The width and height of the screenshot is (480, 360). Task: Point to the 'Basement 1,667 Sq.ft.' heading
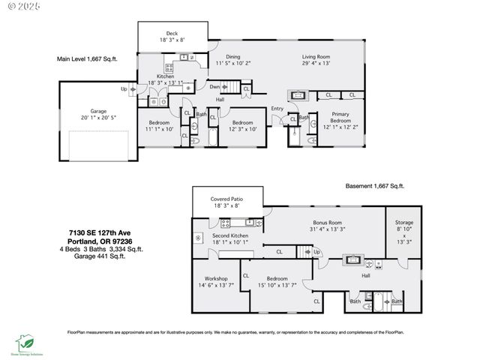(374, 185)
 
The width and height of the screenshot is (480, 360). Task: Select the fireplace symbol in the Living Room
(297, 95)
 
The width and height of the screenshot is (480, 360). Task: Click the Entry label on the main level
(277, 109)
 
